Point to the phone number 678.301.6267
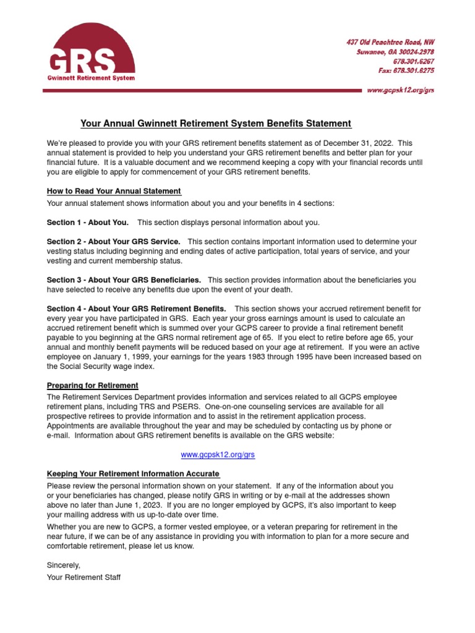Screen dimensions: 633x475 tap(414, 61)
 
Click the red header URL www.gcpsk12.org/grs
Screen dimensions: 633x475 tap(401, 90)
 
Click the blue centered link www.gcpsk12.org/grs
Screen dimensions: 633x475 tap(218, 454)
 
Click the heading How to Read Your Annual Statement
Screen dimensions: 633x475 tap(114, 191)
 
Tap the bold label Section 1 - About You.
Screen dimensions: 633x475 tap(88, 223)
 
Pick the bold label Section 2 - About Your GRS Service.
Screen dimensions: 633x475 tap(114, 242)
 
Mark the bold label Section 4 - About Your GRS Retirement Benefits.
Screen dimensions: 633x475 tap(136, 308)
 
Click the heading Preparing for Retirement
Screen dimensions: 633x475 tap(93, 385)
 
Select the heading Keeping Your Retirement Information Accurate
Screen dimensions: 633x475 tap(133, 474)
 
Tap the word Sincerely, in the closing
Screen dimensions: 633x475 tap(64, 565)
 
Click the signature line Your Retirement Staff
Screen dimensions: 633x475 tap(83, 577)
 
